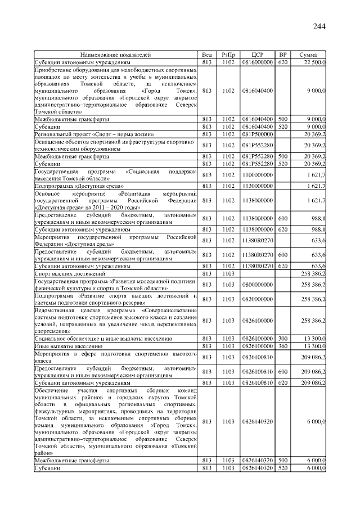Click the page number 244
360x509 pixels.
pos(319,26)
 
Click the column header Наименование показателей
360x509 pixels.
pos(116,55)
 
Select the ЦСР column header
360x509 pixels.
pos(258,55)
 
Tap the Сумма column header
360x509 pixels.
pos(308,55)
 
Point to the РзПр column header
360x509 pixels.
pos(228,55)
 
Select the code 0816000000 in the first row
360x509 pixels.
pos(258,62)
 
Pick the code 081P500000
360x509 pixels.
pos(258,134)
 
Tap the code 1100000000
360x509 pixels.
pos(258,175)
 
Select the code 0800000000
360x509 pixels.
pos(258,285)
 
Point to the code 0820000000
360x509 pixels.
pos(258,299)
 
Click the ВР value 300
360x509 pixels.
pos(283,339)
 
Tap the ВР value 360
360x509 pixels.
pos(283,346)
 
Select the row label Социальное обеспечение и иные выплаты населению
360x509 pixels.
pos(103,339)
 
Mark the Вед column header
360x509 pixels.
pos(207,55)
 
